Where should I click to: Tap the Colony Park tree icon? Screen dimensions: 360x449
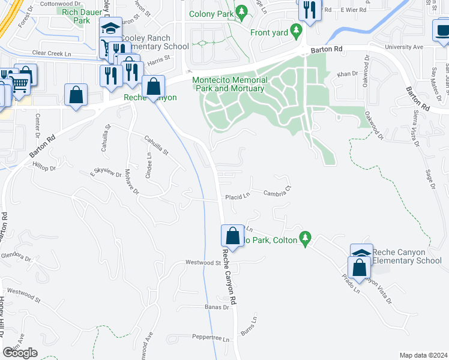(x=241, y=11)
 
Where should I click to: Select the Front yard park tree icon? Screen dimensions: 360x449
(x=295, y=30)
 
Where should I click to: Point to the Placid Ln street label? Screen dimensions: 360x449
(x=237, y=197)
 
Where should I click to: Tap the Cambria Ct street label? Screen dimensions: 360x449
(x=277, y=193)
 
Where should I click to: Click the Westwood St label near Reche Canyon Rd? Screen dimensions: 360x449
(x=203, y=262)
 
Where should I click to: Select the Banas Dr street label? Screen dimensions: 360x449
(x=217, y=307)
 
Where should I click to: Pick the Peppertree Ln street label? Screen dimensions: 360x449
(x=209, y=339)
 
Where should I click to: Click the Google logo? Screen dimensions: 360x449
(x=20, y=353)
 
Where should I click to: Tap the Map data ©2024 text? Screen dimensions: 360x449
(x=423, y=355)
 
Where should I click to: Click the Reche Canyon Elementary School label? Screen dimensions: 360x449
(x=406, y=256)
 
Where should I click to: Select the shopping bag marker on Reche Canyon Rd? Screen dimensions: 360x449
(x=232, y=236)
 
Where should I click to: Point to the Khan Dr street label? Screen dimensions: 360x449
(x=348, y=74)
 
